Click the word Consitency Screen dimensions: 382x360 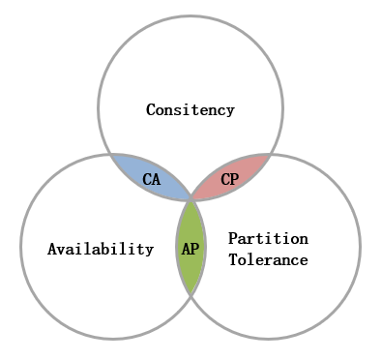(x=191, y=110)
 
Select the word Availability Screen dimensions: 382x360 (x=101, y=249)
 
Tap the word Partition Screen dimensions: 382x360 (x=268, y=239)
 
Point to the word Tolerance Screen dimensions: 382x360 (x=268, y=260)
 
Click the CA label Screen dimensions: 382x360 (x=151, y=179)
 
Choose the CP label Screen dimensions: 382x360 (x=230, y=179)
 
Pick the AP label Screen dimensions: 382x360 (x=191, y=249)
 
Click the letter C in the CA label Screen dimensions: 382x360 (x=147, y=179)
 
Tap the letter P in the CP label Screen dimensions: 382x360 (x=235, y=179)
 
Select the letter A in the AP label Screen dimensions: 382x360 (x=186, y=249)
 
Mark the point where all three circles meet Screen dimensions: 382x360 (x=191, y=199)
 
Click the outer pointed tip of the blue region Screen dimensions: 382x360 (x=111, y=155)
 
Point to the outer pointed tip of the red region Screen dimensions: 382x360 (x=270, y=155)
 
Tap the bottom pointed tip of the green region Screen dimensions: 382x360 (x=191, y=294)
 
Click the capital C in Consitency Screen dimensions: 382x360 (x=151, y=109)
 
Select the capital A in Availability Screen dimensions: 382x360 (x=52, y=249)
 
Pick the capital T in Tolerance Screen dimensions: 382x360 (x=233, y=260)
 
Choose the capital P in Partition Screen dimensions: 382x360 (x=233, y=238)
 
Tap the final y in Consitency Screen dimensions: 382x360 (x=230, y=112)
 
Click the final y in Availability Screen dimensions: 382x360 (x=149, y=252)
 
